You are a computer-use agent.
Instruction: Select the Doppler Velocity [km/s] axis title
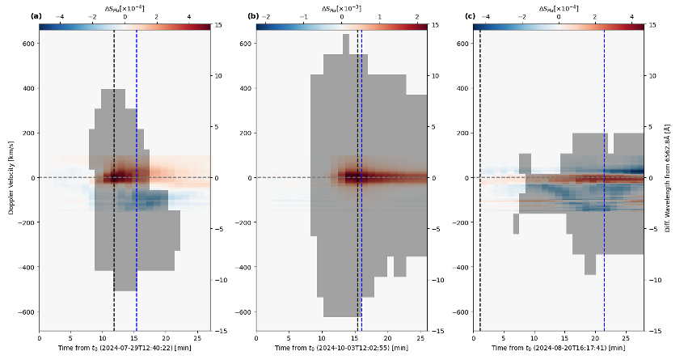point(11,177)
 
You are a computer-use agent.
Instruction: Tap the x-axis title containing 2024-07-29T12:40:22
point(125,348)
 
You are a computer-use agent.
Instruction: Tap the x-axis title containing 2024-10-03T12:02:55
point(341,348)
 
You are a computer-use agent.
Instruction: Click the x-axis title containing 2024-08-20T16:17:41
point(558,348)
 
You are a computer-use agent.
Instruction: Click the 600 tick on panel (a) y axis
point(28,43)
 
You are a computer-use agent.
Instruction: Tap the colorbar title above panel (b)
point(341,8)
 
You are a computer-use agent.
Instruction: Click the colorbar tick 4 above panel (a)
point(189,16)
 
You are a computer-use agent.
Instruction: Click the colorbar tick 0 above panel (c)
point(559,16)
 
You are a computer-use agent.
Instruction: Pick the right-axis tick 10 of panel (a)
point(217,75)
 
